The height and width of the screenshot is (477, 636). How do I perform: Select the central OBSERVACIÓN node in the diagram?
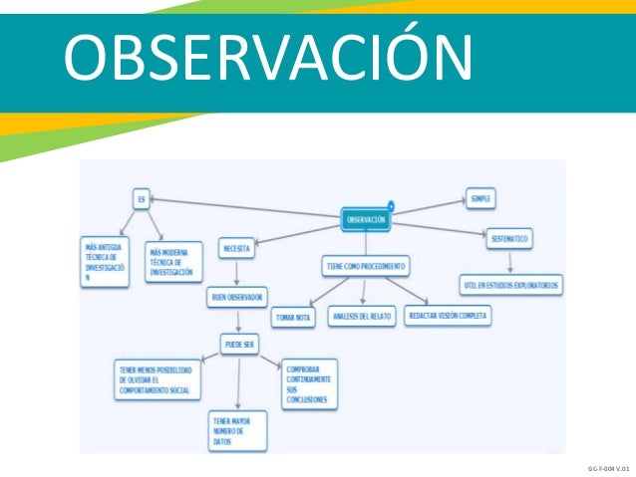click(x=366, y=219)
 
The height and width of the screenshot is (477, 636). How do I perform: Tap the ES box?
click(x=143, y=200)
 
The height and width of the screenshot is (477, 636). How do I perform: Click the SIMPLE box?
click(x=480, y=198)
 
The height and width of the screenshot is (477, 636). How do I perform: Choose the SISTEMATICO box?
click(x=509, y=239)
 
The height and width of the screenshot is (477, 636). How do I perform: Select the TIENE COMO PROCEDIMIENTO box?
click(x=365, y=266)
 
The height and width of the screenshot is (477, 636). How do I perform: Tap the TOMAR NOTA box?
click(x=294, y=317)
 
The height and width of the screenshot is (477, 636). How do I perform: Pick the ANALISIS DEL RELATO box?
click(x=362, y=316)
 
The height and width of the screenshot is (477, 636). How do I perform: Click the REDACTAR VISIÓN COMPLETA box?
click(x=449, y=315)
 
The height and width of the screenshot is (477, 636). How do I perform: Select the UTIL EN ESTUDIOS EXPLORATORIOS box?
click(x=511, y=285)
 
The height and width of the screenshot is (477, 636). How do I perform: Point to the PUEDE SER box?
click(x=240, y=346)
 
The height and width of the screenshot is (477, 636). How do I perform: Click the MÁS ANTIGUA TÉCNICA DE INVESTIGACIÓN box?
click(x=105, y=262)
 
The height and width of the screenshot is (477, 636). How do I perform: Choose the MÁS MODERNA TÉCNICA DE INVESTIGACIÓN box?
click(x=172, y=260)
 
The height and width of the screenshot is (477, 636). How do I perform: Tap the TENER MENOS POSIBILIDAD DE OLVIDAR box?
click(x=158, y=380)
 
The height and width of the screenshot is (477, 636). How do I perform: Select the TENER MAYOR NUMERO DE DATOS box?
click(x=237, y=429)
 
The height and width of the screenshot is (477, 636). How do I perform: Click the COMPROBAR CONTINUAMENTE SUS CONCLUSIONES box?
click(x=309, y=383)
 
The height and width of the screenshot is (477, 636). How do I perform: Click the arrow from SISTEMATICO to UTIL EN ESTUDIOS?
click(x=510, y=261)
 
